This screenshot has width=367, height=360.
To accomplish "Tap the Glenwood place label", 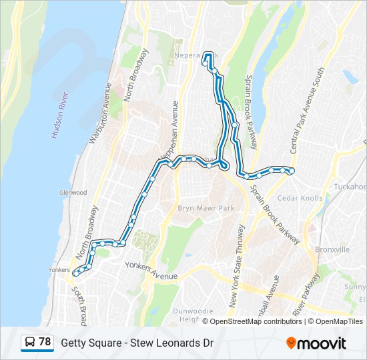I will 73,193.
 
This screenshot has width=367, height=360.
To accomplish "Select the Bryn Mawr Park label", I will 206,209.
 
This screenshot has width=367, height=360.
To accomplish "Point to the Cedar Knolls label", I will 300,198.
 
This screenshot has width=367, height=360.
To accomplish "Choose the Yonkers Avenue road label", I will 151,271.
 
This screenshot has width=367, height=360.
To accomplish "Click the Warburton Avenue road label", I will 99,113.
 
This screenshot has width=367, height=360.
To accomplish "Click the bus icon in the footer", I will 29,343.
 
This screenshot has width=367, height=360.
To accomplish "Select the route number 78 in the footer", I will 45,342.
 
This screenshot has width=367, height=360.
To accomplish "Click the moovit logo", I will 316,343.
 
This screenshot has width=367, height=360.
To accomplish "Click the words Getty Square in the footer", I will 87,343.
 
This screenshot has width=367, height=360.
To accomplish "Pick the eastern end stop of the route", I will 292,171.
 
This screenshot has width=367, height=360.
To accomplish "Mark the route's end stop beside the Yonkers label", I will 76,272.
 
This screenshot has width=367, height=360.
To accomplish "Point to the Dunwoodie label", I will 194,311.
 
